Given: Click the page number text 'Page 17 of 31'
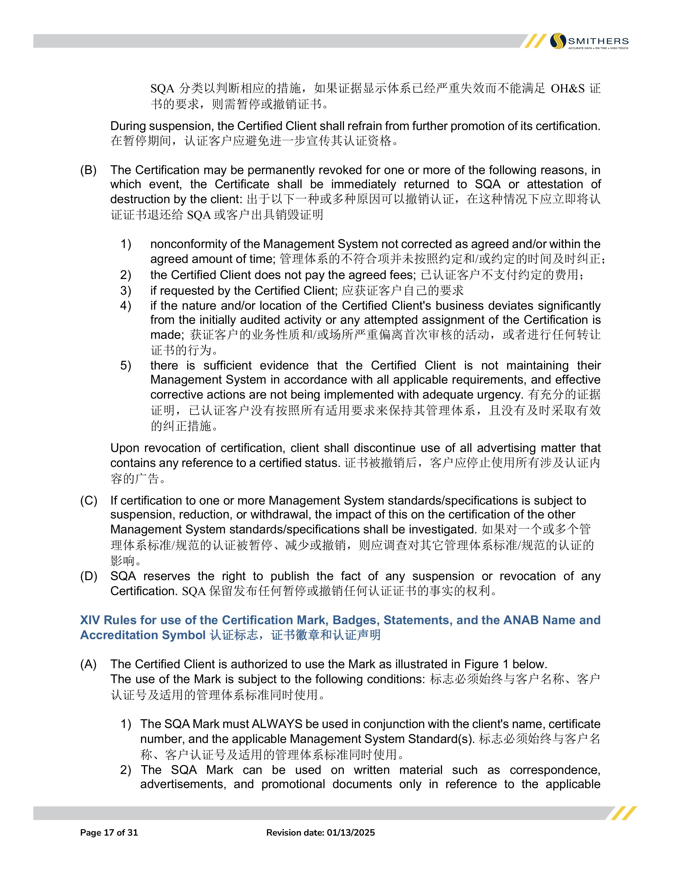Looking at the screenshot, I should coord(109,833).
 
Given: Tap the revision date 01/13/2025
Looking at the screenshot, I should coord(351,833).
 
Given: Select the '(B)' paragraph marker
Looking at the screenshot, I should coord(88,170).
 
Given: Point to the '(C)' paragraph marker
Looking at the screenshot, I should coord(88,501).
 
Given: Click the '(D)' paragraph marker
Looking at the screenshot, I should coord(88,576).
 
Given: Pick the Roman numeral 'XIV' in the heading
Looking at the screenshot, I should coord(90,620).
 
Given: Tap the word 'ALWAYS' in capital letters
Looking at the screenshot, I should coord(277,724).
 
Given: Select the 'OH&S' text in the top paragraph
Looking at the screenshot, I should coord(568,88).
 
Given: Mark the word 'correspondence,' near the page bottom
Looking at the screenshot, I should coord(555,770).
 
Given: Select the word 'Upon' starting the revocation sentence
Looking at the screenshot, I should coord(123,448).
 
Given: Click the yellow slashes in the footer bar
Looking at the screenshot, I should coord(623,813).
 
